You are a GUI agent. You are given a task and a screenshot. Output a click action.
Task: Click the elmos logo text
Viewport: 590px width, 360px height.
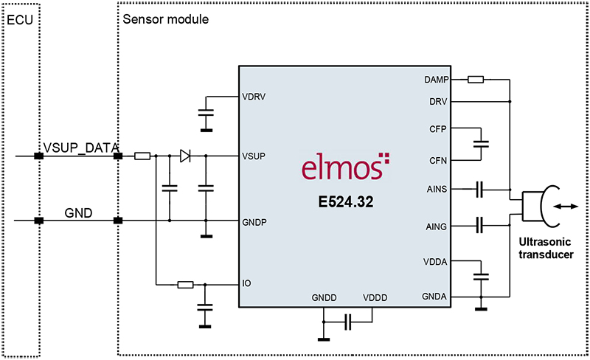coord(341,167)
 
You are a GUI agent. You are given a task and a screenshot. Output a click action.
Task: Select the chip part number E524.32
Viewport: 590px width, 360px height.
coord(342,201)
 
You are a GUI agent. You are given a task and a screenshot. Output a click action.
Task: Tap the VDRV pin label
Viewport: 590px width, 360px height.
coord(253,97)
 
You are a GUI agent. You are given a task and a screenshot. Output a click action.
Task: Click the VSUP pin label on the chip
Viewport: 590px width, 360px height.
coord(253,156)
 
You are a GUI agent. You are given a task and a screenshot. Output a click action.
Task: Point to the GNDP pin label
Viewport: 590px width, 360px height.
coord(254,221)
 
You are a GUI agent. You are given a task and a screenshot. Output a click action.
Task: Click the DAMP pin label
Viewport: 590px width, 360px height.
coord(437,79)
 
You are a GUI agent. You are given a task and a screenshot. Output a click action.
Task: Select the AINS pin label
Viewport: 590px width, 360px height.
coord(438,190)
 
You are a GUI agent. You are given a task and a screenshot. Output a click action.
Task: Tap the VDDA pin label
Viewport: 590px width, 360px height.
coord(437,261)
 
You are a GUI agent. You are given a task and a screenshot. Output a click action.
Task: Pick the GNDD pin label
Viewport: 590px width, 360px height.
coord(324,298)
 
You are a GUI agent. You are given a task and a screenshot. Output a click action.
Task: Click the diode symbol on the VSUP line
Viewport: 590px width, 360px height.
coord(185,156)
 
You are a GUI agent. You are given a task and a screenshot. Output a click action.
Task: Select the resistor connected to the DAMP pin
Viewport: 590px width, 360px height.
coord(476,79)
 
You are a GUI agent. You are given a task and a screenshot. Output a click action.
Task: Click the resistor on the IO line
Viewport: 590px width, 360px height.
coord(185,284)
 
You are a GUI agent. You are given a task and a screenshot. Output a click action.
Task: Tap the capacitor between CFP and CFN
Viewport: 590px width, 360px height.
coord(482,144)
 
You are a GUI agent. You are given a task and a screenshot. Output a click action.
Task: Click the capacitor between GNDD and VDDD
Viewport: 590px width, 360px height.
coord(348,321)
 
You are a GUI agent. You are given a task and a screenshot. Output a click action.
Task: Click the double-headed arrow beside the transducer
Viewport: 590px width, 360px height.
coord(567,208)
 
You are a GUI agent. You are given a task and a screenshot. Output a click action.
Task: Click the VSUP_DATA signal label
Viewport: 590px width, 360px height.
coord(81,148)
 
